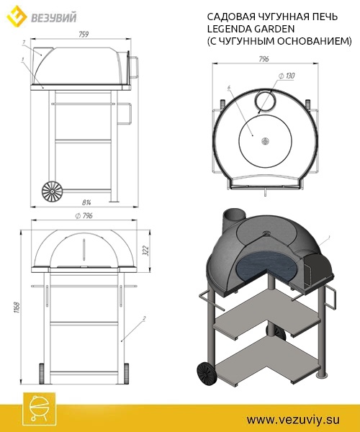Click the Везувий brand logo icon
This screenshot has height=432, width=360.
tap(17, 17)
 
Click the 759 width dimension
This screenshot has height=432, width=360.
tap(84, 34)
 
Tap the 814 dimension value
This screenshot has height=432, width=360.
tap(86, 202)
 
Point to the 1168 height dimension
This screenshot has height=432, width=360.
tap(17, 308)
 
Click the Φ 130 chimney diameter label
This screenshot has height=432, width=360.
tap(287, 76)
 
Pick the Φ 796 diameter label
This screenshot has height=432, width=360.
tap(84, 216)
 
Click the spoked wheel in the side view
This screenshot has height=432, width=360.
tap(53, 191)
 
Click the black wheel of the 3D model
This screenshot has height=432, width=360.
tap(205, 372)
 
